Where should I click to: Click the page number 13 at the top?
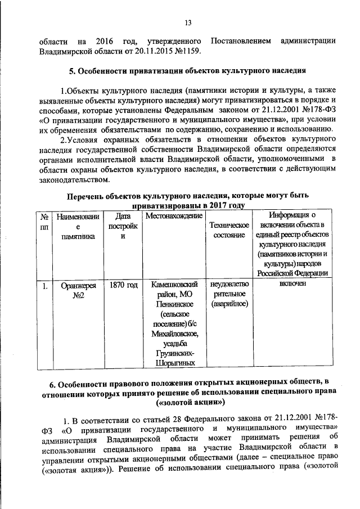[188, 22]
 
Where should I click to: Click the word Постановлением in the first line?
[240, 40]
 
